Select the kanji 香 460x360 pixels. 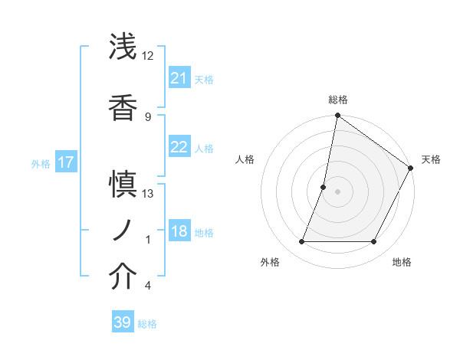(x=123, y=106)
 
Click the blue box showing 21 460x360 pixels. (x=179, y=78)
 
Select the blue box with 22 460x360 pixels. (x=179, y=148)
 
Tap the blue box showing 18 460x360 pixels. (x=179, y=232)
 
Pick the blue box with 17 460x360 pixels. (x=65, y=162)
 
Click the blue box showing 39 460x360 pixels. (x=122, y=322)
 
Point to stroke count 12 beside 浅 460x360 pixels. (x=148, y=56)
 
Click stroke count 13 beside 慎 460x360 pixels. (x=148, y=194)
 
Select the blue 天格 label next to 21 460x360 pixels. (x=204, y=79)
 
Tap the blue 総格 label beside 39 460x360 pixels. (x=147, y=323)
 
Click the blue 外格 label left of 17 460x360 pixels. (x=41, y=163)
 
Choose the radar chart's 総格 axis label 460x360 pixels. (x=338, y=100)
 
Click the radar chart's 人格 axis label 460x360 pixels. (x=245, y=159)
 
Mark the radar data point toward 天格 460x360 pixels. (x=411, y=169)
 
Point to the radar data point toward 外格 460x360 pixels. (x=301, y=242)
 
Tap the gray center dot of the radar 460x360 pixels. (x=337, y=191)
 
